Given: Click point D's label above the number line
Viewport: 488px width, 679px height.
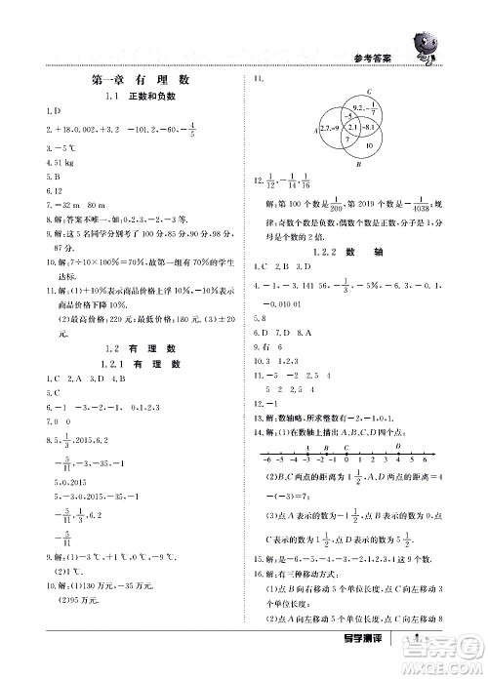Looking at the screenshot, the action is click(397, 446).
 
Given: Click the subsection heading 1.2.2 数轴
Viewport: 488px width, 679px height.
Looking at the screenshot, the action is click(345, 252).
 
